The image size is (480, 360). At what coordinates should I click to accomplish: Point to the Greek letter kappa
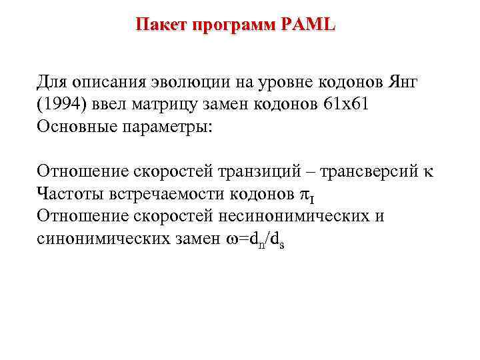pos(427,173)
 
